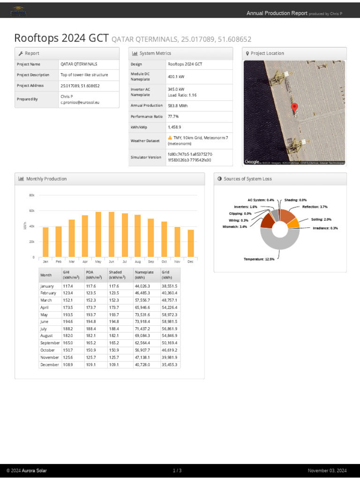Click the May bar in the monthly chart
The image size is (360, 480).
pos(98,234)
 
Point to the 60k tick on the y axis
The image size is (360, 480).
pos(32,210)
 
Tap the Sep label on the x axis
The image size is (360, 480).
pos(151,262)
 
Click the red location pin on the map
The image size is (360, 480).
pos(294,108)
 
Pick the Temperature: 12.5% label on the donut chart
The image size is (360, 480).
pos(259,259)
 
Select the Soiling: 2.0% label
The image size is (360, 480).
pos(321,219)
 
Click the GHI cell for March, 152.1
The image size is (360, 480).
pos(69,300)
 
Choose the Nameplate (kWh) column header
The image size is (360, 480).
pos(143,275)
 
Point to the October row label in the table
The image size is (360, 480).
pos(48,350)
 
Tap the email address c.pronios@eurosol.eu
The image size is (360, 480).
pos(80,102)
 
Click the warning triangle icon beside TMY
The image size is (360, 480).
pos(170,138)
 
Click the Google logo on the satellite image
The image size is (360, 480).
pos(252,162)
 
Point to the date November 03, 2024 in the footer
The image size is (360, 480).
pos(327,471)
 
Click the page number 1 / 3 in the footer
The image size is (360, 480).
pos(177,471)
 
